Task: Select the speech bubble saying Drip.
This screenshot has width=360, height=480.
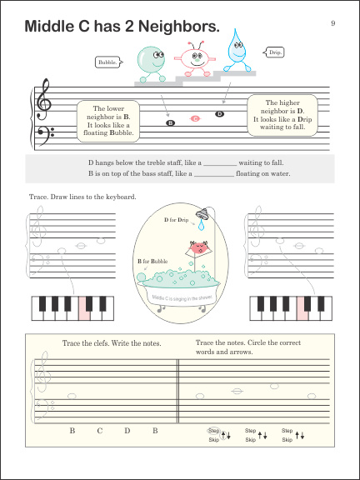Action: pos(276,52)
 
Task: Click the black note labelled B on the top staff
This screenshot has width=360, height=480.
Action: pos(170,124)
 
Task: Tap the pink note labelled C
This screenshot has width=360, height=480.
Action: pos(195,118)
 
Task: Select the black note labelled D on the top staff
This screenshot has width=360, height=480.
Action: pos(220,113)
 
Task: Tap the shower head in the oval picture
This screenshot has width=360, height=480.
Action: pos(202,221)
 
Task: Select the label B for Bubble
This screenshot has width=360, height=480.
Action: pos(153,261)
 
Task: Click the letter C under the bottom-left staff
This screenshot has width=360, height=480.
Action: pos(99,430)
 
